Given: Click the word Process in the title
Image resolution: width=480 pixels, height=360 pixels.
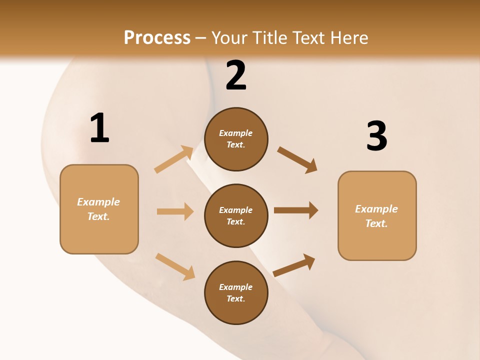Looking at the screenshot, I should point(157,38).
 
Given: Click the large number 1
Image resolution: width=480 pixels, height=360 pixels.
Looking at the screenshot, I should point(99,128).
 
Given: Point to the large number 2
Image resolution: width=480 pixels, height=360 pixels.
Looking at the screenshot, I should point(236,76).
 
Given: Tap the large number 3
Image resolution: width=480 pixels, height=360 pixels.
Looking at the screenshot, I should point(376,136).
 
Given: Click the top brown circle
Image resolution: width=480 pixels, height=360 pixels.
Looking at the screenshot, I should point(236,139).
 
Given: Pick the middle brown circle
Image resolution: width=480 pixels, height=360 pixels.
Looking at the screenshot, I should point(236,215).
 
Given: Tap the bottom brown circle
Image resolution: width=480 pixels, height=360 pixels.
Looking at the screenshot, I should point(236,292).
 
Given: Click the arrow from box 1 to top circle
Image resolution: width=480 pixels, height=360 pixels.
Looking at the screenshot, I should point(174,159).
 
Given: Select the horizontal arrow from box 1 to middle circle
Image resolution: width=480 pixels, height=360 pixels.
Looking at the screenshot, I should point(175,211).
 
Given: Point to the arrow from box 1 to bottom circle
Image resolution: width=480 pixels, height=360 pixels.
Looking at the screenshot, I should point(175,266).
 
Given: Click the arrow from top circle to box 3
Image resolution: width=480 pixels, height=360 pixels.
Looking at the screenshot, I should point(297,159).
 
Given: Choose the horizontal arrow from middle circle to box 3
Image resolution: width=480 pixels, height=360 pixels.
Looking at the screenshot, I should point(296,210).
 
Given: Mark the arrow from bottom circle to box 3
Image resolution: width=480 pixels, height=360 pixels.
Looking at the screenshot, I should point(294,265).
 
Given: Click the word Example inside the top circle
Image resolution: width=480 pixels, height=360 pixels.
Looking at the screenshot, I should point(236,133).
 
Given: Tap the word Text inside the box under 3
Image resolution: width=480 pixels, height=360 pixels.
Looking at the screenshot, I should point(376,223).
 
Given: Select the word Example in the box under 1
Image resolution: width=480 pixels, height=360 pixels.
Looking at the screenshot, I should point(98,202).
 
